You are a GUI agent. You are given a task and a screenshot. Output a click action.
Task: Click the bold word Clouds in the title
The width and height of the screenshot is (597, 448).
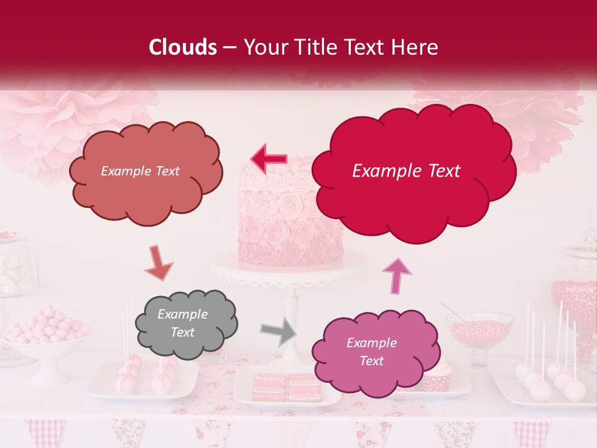click(183, 47)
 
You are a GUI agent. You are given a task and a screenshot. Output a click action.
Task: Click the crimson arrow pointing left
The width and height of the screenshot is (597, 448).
click(269, 159)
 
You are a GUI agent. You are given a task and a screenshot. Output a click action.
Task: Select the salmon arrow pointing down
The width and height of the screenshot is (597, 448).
click(159, 263)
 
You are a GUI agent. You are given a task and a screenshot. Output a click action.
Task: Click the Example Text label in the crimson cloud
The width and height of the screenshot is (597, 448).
click(406, 171)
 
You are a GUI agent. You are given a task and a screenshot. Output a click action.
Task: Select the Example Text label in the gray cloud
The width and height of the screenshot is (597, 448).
click(183, 324)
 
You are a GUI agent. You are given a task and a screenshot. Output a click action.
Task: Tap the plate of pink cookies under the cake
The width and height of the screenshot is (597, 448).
click(287, 388)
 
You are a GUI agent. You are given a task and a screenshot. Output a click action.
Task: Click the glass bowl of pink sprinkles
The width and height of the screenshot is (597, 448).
click(479, 329)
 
